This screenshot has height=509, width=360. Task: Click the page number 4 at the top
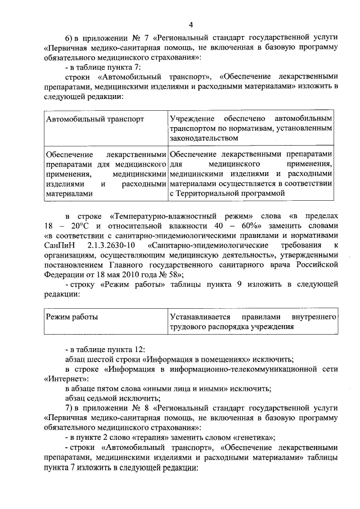(191, 24)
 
